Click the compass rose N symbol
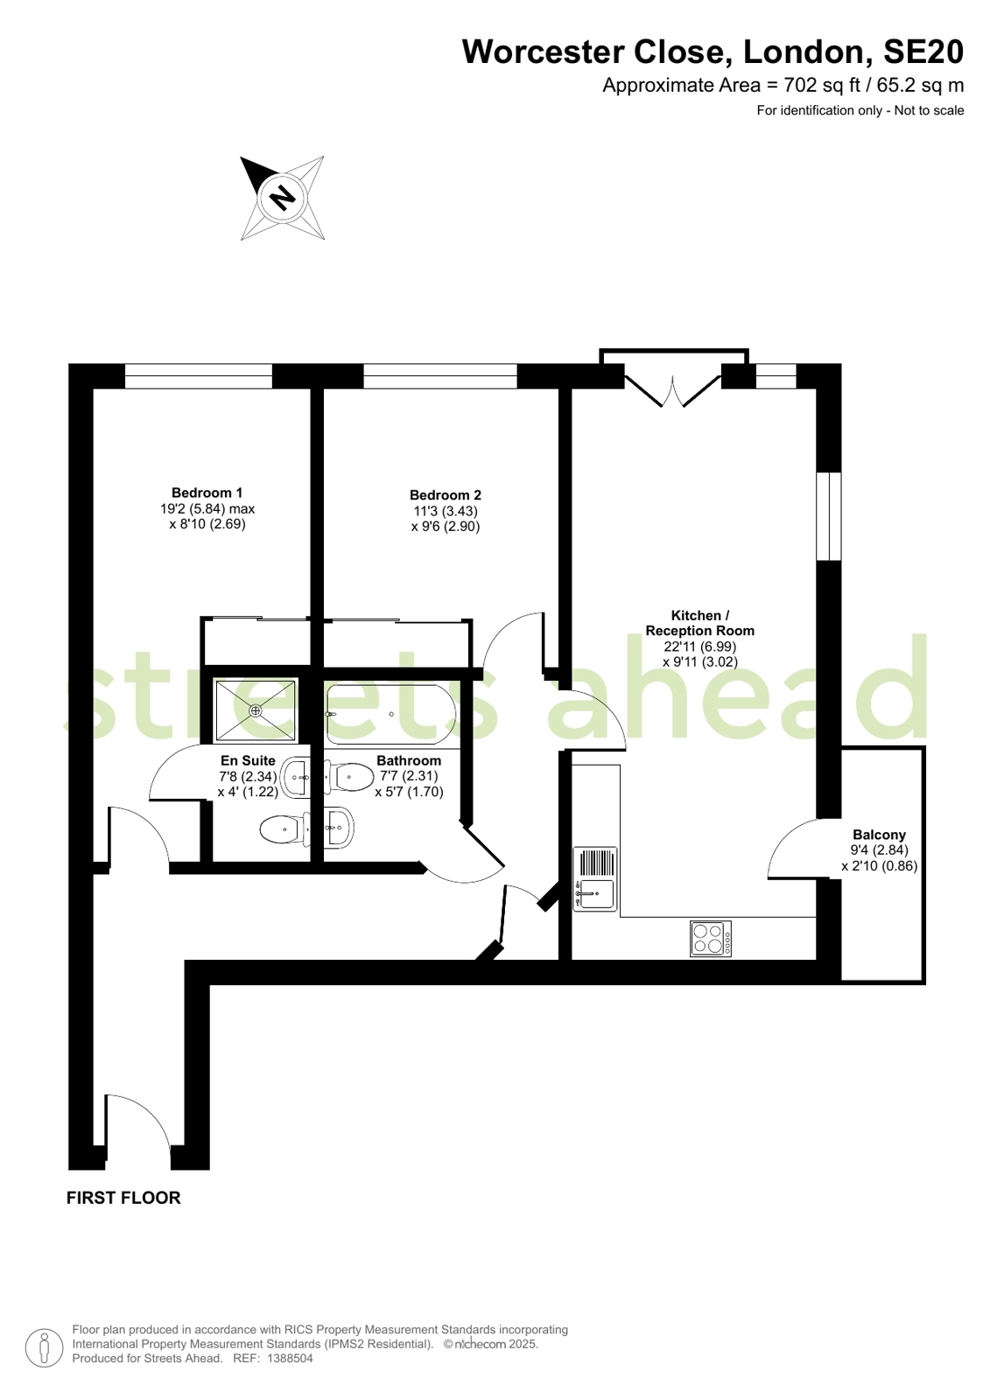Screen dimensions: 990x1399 click(x=283, y=198)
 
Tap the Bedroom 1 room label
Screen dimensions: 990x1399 click(x=207, y=493)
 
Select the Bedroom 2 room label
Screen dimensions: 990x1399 click(x=446, y=494)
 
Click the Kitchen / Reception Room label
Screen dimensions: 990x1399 click(x=700, y=623)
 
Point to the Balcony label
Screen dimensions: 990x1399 click(x=880, y=835)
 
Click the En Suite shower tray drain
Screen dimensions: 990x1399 click(x=255, y=710)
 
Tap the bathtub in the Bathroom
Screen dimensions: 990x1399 click(x=391, y=715)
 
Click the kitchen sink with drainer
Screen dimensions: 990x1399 click(x=595, y=878)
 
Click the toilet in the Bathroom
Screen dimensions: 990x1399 click(x=349, y=777)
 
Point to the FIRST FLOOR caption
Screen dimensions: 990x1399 click(x=123, y=1198)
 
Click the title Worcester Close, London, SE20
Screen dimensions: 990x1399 click(x=713, y=52)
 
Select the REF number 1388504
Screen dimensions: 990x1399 click(x=290, y=1359)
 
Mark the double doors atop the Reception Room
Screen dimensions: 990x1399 click(x=673, y=391)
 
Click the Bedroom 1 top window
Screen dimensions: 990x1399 click(x=199, y=376)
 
